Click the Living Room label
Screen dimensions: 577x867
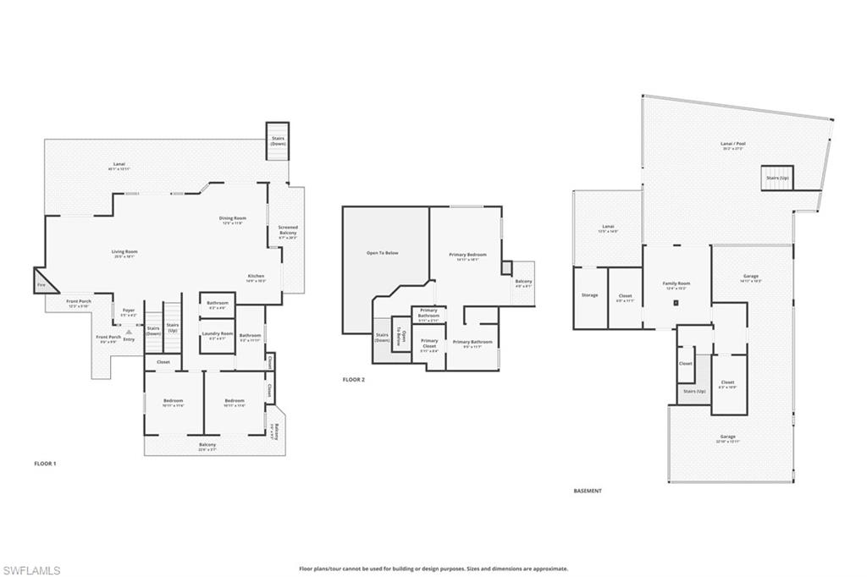point(124,251)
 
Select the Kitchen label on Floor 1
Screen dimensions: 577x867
point(256,277)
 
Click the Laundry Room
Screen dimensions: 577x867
point(216,335)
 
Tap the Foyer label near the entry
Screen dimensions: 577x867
point(129,311)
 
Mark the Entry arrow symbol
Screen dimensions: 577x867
point(129,332)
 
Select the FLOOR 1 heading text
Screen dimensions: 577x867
point(44,464)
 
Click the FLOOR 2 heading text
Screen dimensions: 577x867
point(353,380)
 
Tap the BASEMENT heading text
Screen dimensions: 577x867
point(588,491)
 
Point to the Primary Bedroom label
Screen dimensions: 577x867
point(467,256)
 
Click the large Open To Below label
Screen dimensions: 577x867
point(383,252)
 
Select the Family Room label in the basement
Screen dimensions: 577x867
point(676,285)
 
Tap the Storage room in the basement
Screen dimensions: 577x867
point(589,295)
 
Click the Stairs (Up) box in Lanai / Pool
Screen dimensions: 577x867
point(776,179)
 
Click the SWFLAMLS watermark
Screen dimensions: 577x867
point(31,569)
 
